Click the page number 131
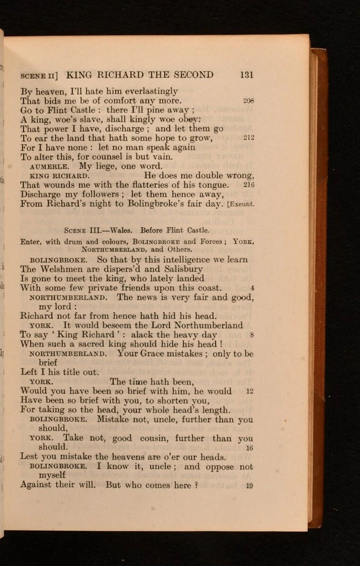point(246,75)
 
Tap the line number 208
point(248,101)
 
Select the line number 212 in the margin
point(248,138)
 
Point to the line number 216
point(248,185)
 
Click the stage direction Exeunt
point(241,204)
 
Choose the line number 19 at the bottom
point(250,485)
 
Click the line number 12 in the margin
point(250,391)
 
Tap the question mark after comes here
point(196,485)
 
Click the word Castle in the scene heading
point(196,230)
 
